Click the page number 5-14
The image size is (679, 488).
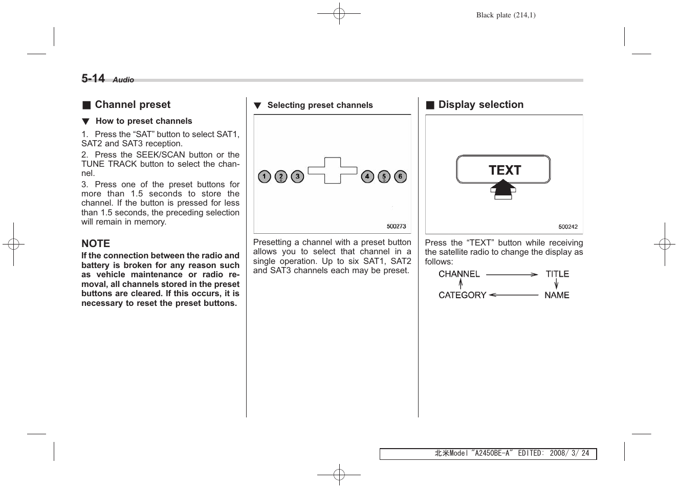coord(93,78)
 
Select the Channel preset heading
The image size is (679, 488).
coord(132,105)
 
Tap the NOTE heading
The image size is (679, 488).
coord(96,243)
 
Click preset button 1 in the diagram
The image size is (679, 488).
coord(265,177)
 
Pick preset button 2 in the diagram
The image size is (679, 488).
coord(281,177)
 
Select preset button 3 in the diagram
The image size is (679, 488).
coord(297,177)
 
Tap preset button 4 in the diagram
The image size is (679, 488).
coord(367,177)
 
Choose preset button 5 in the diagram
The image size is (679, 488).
coord(384,177)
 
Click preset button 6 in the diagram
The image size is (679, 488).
coord(400,177)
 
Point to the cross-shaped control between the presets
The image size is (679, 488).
coord(333,170)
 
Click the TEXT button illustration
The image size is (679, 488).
coord(503,169)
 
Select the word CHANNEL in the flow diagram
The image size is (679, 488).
coord(459,274)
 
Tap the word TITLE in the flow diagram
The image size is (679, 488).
coord(557,274)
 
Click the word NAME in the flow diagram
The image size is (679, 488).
coord(557,295)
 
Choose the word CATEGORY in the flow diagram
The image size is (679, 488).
coord(462,295)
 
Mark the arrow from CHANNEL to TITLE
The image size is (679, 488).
coord(512,275)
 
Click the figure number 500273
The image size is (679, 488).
coord(396,226)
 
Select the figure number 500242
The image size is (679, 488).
coord(568,227)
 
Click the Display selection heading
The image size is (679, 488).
coord(480,105)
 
